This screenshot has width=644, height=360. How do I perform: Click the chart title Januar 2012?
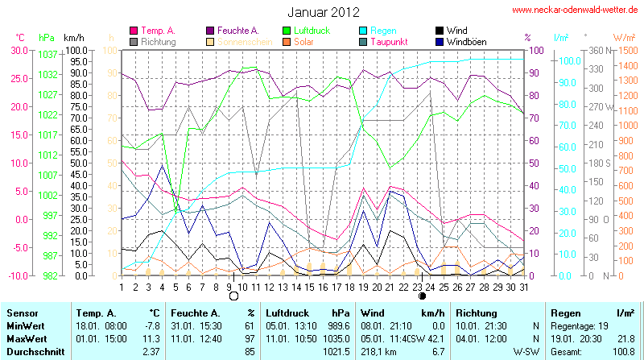point(323,11)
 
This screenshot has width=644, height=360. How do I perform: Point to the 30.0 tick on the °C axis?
point(18,50)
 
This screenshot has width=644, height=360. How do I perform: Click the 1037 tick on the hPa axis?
point(47,55)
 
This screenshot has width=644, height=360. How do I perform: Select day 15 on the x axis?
point(310,286)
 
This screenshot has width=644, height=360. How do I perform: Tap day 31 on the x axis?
point(524,286)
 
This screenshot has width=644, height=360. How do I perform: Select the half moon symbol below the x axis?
point(423,296)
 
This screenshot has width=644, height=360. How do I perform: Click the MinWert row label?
point(24,327)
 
